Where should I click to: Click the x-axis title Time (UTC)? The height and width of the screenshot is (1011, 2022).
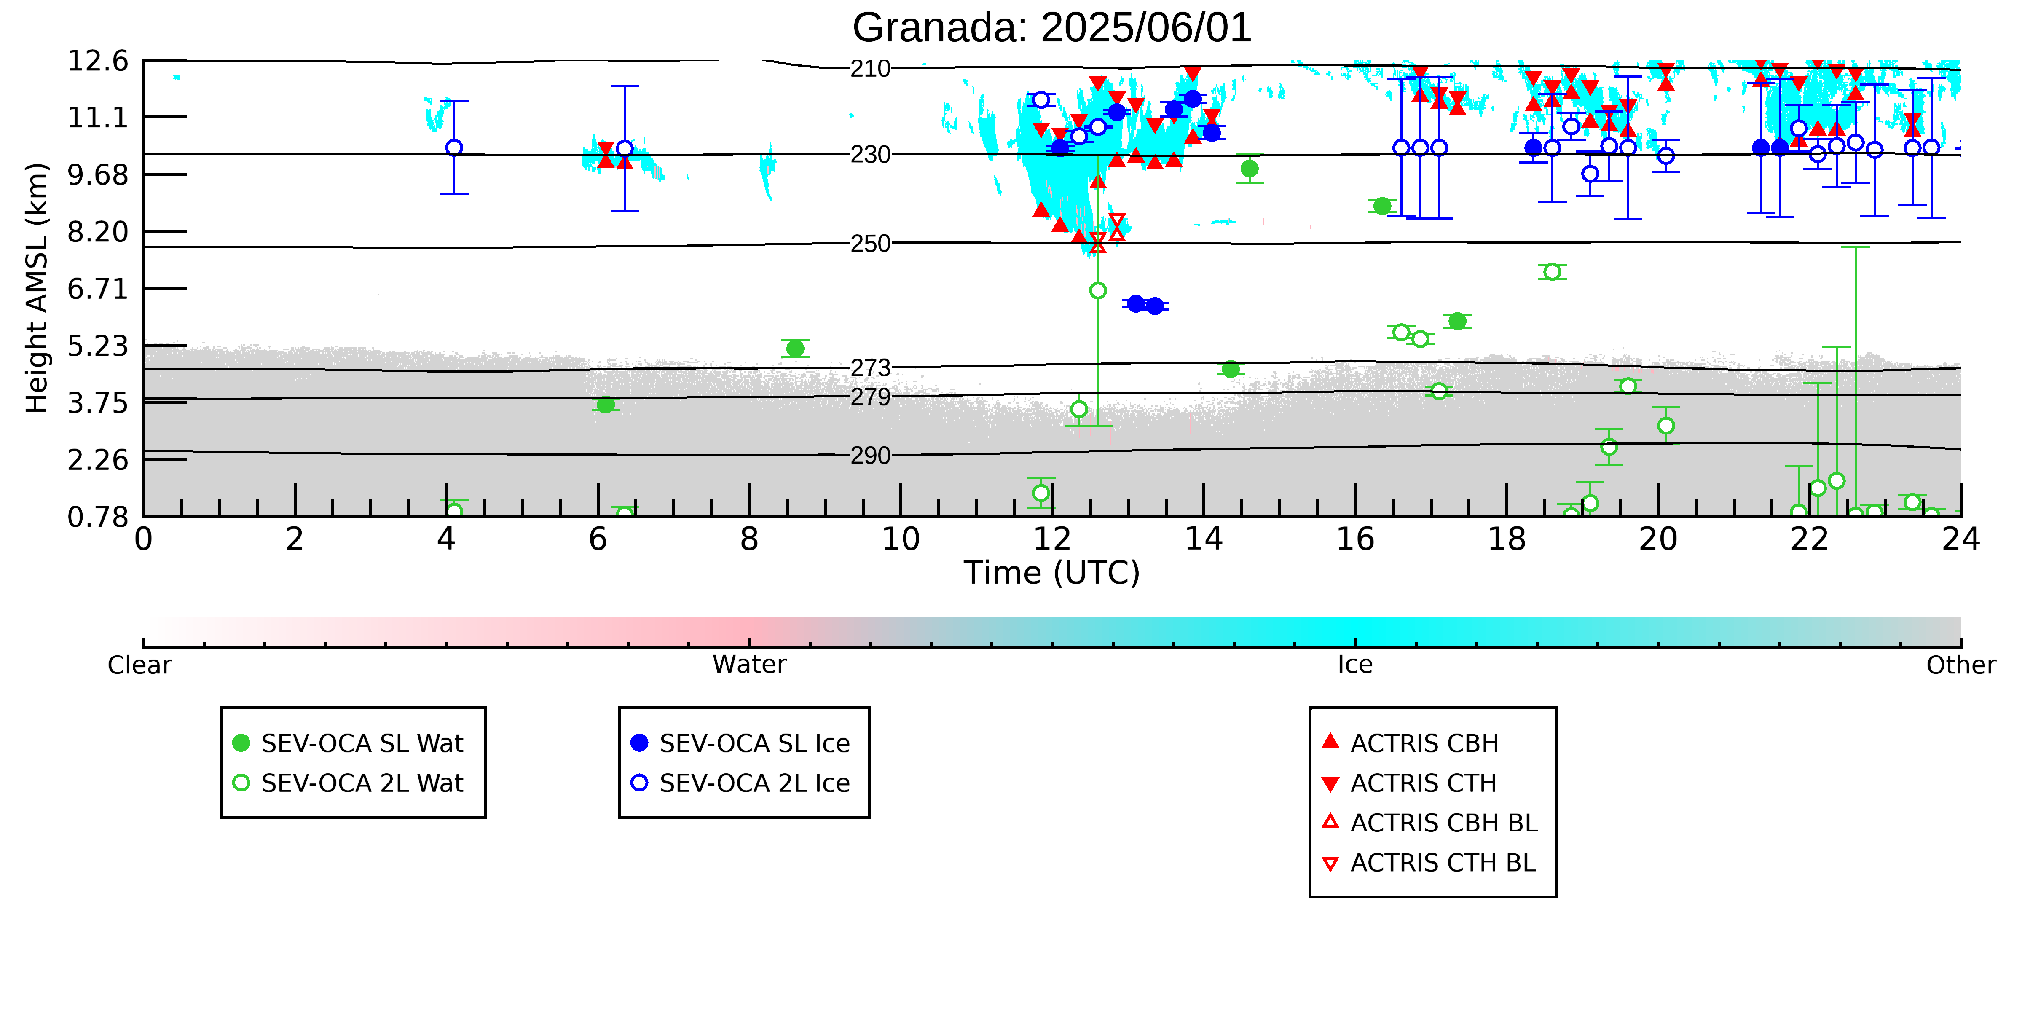point(1052,573)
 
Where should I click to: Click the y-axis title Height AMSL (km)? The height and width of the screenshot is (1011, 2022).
point(37,288)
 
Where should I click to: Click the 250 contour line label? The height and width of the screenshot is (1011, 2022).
point(871,243)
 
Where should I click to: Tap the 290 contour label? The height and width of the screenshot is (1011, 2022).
point(871,455)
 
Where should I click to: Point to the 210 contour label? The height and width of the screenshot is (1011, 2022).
point(871,69)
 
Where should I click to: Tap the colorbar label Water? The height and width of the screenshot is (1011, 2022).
point(750,665)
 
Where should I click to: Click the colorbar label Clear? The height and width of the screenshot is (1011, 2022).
point(140,665)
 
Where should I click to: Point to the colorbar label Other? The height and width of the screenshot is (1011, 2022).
point(1961,665)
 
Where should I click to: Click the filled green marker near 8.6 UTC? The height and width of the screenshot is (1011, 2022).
point(795,349)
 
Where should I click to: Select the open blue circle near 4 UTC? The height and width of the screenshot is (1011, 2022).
point(454,147)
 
